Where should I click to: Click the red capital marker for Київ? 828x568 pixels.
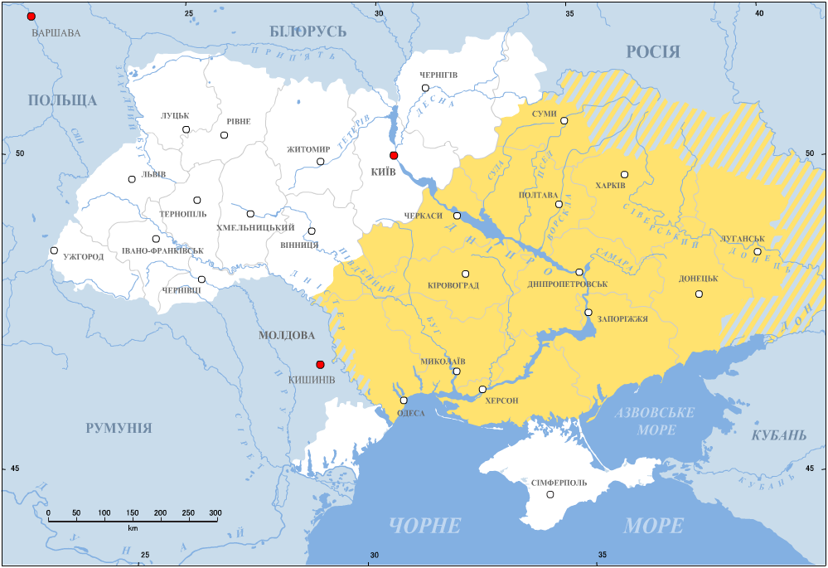coord(394,155)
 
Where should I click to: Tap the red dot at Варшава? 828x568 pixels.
coord(31,17)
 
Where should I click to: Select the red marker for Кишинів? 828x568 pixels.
coord(320,364)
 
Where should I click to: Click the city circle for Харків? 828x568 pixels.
coord(624,174)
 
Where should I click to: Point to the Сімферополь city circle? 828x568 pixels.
coord(550,494)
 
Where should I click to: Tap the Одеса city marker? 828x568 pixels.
coord(404,401)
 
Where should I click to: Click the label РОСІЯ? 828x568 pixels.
coord(652,52)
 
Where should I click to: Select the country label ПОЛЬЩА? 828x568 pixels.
coord(62,100)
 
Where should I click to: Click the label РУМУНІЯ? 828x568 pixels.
coord(119,428)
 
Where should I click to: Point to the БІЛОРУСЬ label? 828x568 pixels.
coord(307,32)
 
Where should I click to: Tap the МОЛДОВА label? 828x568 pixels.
coord(287,336)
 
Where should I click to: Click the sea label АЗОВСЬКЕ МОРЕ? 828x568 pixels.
coord(656,421)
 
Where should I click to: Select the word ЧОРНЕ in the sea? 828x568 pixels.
coord(424,525)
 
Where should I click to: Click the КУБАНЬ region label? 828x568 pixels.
coord(778,435)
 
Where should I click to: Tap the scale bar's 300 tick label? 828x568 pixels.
coord(215,513)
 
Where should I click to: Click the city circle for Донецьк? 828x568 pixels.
coord(699,294)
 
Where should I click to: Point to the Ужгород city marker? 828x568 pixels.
coord(54,250)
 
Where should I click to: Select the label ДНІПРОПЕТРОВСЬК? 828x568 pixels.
coord(567,284)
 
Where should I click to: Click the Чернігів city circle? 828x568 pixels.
coord(425,88)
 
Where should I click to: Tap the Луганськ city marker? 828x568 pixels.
coord(757,251)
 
